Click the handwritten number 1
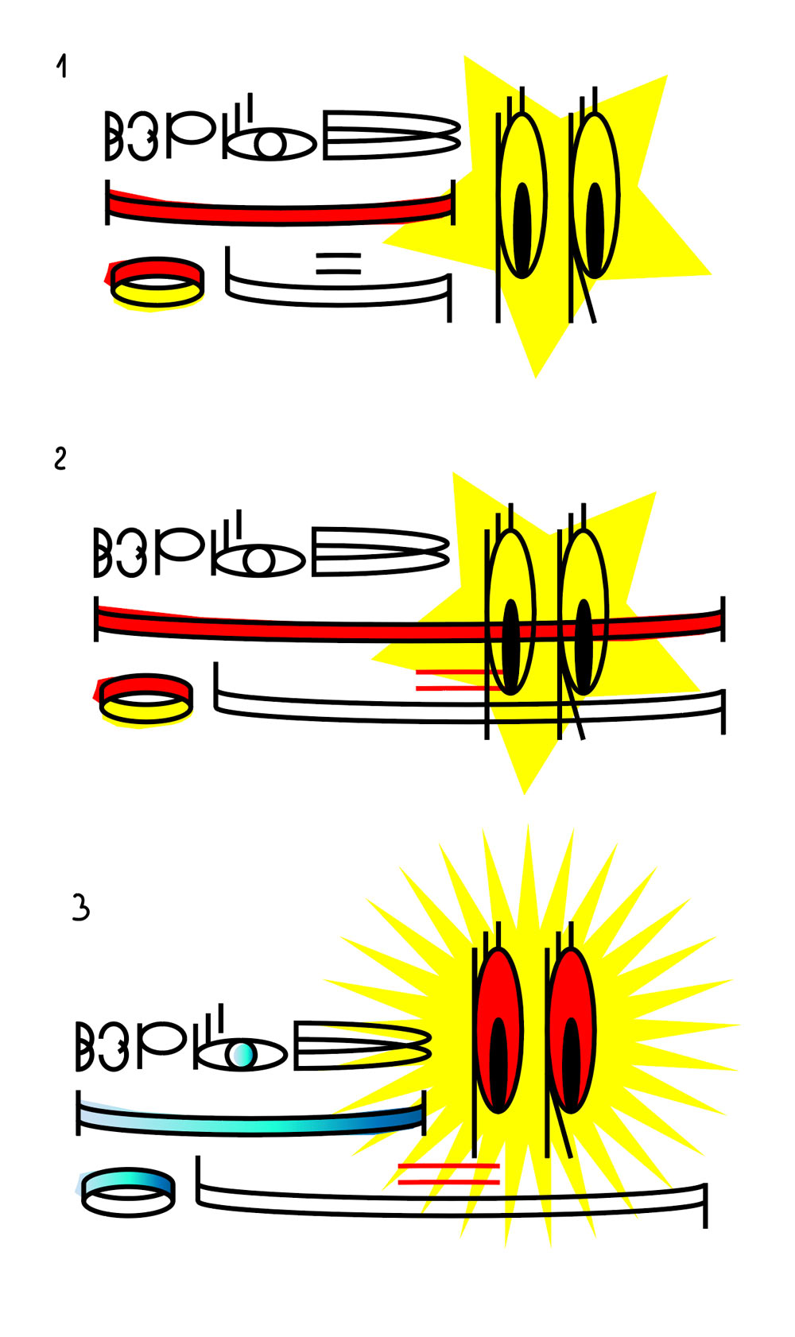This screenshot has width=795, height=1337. click(61, 66)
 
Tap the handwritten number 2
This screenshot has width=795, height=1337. click(60, 459)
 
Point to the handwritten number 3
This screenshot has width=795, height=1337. click(81, 908)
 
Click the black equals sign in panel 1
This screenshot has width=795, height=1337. click(339, 263)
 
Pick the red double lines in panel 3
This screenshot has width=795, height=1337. click(448, 1174)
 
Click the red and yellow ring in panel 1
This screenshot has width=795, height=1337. click(157, 283)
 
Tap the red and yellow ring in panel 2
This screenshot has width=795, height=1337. click(145, 700)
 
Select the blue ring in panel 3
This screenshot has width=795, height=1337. click(128, 1192)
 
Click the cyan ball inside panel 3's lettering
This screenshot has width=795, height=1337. click(242, 1055)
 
